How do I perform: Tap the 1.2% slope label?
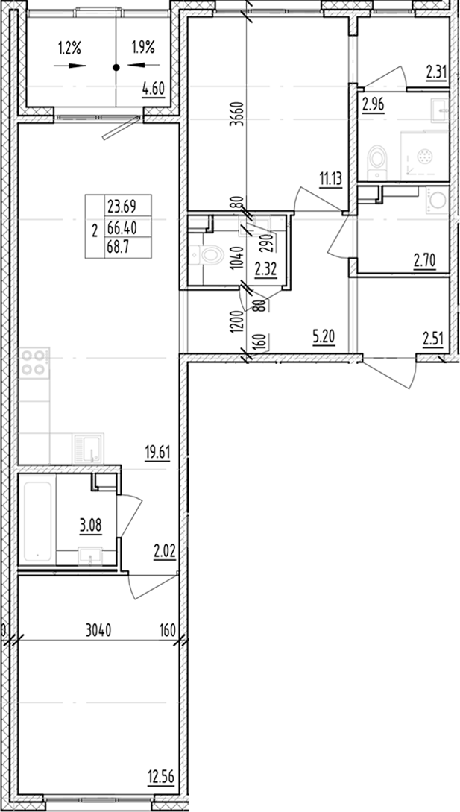69,48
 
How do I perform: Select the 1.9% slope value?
142,48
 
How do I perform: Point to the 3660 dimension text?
236,116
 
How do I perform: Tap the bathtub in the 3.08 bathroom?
38,522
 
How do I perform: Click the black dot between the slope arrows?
116,67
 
